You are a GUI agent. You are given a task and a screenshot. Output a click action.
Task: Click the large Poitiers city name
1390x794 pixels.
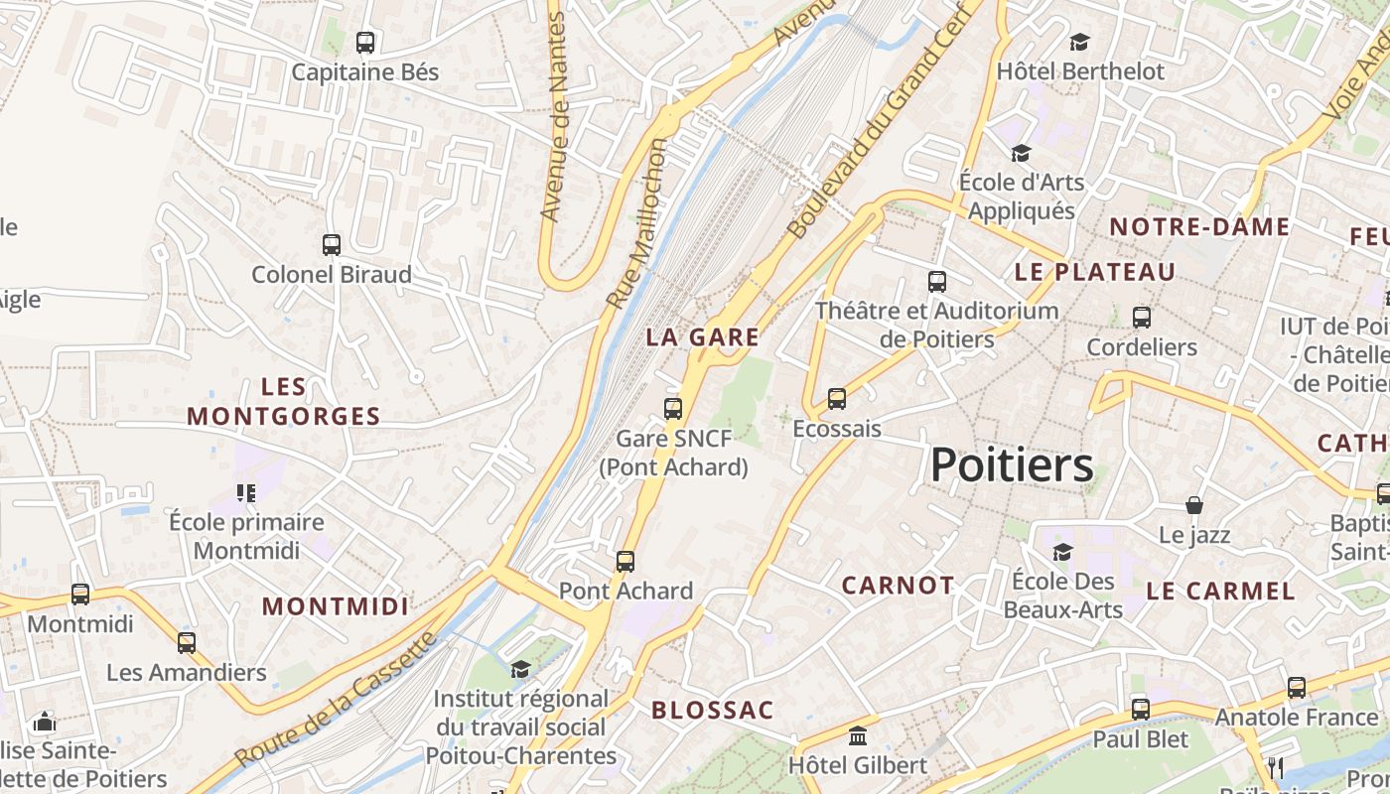pos(1012,465)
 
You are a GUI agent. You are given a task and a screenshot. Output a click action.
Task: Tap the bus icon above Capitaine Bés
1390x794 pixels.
pos(365,43)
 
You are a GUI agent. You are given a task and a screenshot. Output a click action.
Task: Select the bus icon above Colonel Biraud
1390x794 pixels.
pos(332,245)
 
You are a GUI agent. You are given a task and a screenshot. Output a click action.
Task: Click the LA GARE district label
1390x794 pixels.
pos(702,337)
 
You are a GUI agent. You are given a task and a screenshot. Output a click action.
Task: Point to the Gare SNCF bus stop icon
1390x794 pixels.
pos(673,408)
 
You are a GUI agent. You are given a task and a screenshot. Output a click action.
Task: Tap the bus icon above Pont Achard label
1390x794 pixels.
pos(625,562)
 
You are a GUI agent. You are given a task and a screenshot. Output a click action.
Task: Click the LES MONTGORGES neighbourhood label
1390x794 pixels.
pos(284,401)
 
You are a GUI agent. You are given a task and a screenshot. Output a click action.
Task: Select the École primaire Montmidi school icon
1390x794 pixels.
pos(246,492)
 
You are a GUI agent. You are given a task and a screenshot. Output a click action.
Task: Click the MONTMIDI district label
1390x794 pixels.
pos(335,606)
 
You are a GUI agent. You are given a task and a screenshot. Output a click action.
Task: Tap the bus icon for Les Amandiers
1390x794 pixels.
pos(187,643)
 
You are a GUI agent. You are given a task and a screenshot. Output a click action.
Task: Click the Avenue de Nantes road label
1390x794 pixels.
pos(552,116)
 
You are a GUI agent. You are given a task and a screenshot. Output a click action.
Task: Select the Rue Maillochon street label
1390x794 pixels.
pos(636,223)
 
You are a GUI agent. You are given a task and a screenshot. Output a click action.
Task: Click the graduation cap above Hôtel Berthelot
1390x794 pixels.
pos(1079,42)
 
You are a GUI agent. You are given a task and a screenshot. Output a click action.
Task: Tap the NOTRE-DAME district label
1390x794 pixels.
pos(1199,227)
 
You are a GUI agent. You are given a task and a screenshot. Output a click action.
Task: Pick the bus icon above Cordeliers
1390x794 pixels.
pos(1142,318)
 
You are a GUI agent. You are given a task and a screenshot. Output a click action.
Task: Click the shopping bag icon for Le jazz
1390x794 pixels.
pos(1194,506)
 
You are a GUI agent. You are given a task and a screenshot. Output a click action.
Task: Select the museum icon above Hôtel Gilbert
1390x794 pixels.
pos(858,736)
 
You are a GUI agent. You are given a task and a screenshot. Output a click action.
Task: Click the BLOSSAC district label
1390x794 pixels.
pos(712,711)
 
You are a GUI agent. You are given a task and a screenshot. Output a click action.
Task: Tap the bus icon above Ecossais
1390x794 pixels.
pos(837,399)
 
